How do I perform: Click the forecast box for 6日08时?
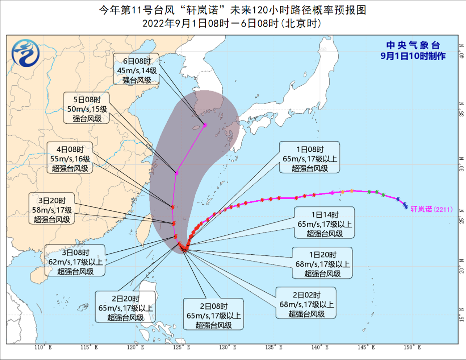point(136,69)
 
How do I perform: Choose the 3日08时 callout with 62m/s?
point(76,260)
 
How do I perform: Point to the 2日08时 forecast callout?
point(214,313)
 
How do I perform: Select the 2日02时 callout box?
point(306,302)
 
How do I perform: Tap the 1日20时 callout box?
point(323,262)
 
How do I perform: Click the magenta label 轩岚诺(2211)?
point(431,209)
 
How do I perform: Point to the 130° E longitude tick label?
point(228,348)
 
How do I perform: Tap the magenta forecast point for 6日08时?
point(205,125)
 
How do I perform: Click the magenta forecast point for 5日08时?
point(177,173)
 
